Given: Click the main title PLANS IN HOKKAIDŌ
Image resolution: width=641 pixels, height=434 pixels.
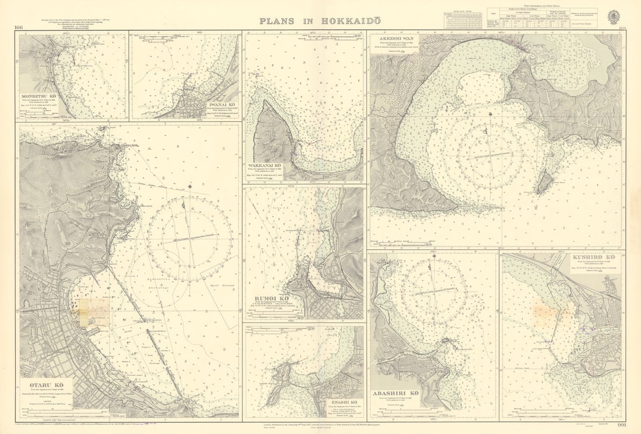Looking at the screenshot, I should tap(320, 20).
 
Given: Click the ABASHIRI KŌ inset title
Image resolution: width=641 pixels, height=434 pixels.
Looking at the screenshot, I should tap(397, 393).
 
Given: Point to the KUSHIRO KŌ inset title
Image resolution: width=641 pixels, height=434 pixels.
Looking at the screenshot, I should tap(593, 257).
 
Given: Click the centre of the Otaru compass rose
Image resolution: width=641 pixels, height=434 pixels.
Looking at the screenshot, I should tap(189, 239).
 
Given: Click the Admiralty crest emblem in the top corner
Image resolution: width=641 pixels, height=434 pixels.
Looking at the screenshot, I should tap(614, 17).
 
